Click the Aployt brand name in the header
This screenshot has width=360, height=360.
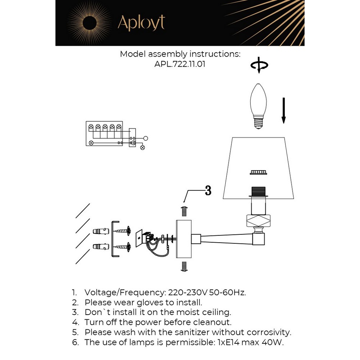141,23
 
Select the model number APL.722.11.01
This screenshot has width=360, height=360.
180,64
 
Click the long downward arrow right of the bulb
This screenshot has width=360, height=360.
284,110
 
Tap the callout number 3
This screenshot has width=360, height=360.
208,191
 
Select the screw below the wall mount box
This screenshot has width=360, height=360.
184,267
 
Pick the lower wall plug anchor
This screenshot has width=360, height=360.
101,247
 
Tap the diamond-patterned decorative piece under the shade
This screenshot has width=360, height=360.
259,221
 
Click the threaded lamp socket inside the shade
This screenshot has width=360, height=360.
259,192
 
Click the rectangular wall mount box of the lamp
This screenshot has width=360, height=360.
184,239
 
